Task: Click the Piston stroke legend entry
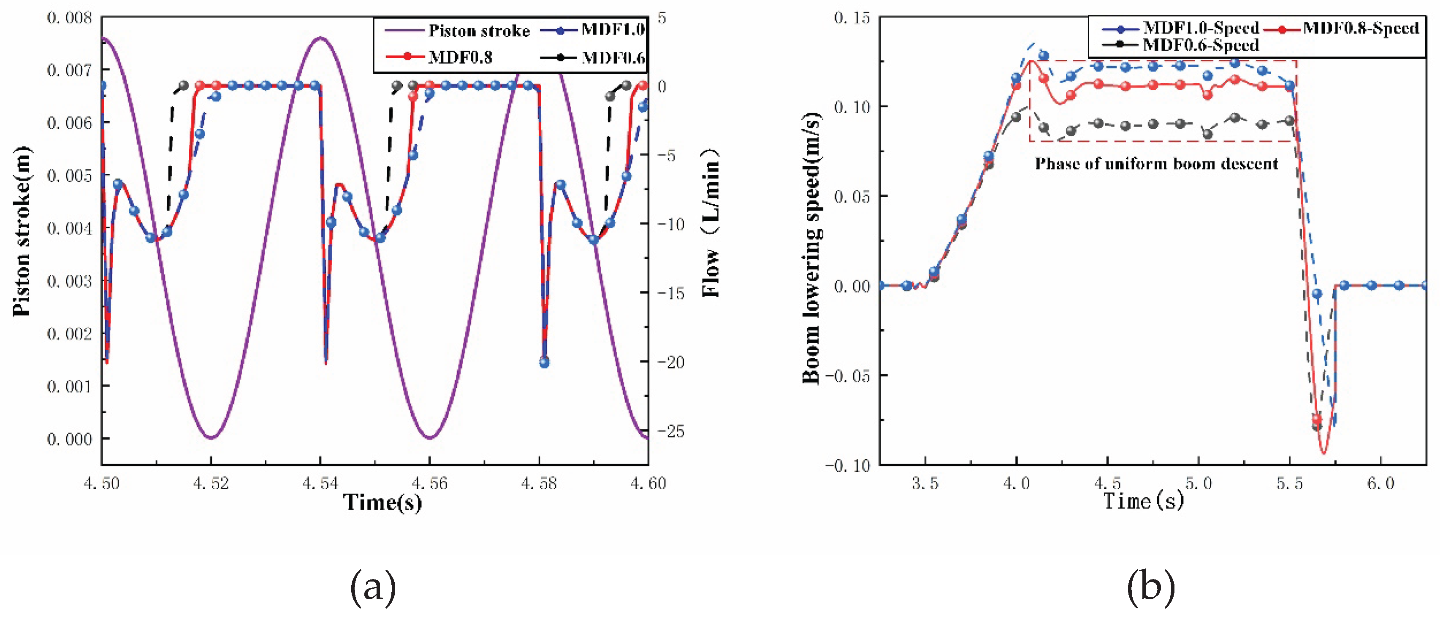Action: [457, 30]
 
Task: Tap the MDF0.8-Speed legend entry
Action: [1341, 28]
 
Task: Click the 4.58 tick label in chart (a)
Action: [539, 483]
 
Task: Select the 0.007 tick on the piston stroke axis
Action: [69, 70]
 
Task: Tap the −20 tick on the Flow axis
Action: [671, 362]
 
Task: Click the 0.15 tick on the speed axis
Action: [852, 18]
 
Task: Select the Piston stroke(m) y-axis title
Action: [21, 231]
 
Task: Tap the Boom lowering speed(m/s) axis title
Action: [812, 248]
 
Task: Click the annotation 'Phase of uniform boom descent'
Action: [1157, 164]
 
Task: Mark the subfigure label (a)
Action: [373, 587]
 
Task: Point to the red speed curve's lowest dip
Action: [1323, 453]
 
